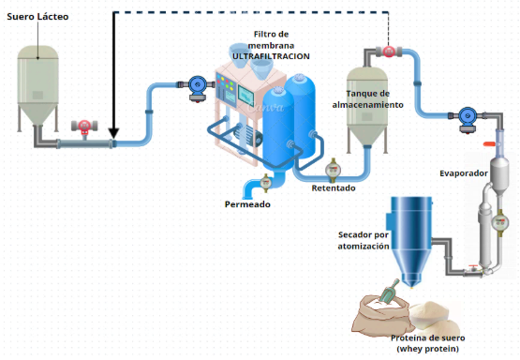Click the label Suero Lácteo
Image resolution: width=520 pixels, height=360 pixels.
[x=37, y=17]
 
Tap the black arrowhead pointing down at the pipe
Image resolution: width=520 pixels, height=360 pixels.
[x=113, y=133]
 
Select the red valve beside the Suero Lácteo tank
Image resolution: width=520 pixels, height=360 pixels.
[x=84, y=127]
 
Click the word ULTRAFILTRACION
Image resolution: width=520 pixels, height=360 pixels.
[x=271, y=56]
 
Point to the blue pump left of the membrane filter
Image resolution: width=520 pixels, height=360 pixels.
[x=198, y=88]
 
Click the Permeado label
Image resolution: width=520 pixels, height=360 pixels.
[x=247, y=204]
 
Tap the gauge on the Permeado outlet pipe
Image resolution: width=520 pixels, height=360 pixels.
[x=265, y=183]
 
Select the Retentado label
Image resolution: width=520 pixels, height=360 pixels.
[x=334, y=188]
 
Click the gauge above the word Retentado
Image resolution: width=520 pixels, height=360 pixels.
[x=333, y=170]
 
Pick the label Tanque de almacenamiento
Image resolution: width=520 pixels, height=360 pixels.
[x=368, y=99]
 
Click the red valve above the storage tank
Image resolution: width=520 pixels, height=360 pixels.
[x=388, y=52]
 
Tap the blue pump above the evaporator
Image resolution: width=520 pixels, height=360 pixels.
[x=468, y=119]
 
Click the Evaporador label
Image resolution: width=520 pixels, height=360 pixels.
[x=464, y=173]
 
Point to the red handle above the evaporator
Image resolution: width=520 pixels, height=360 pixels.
[x=489, y=143]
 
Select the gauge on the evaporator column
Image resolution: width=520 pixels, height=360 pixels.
[x=499, y=221]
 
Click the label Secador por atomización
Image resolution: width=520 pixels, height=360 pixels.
[x=364, y=241]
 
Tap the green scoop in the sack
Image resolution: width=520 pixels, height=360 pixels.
[x=391, y=291]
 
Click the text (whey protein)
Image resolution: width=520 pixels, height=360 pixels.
[x=428, y=349]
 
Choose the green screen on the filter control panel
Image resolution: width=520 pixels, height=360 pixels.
[x=245, y=97]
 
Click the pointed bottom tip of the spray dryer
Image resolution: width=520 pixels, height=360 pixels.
[x=411, y=286]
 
